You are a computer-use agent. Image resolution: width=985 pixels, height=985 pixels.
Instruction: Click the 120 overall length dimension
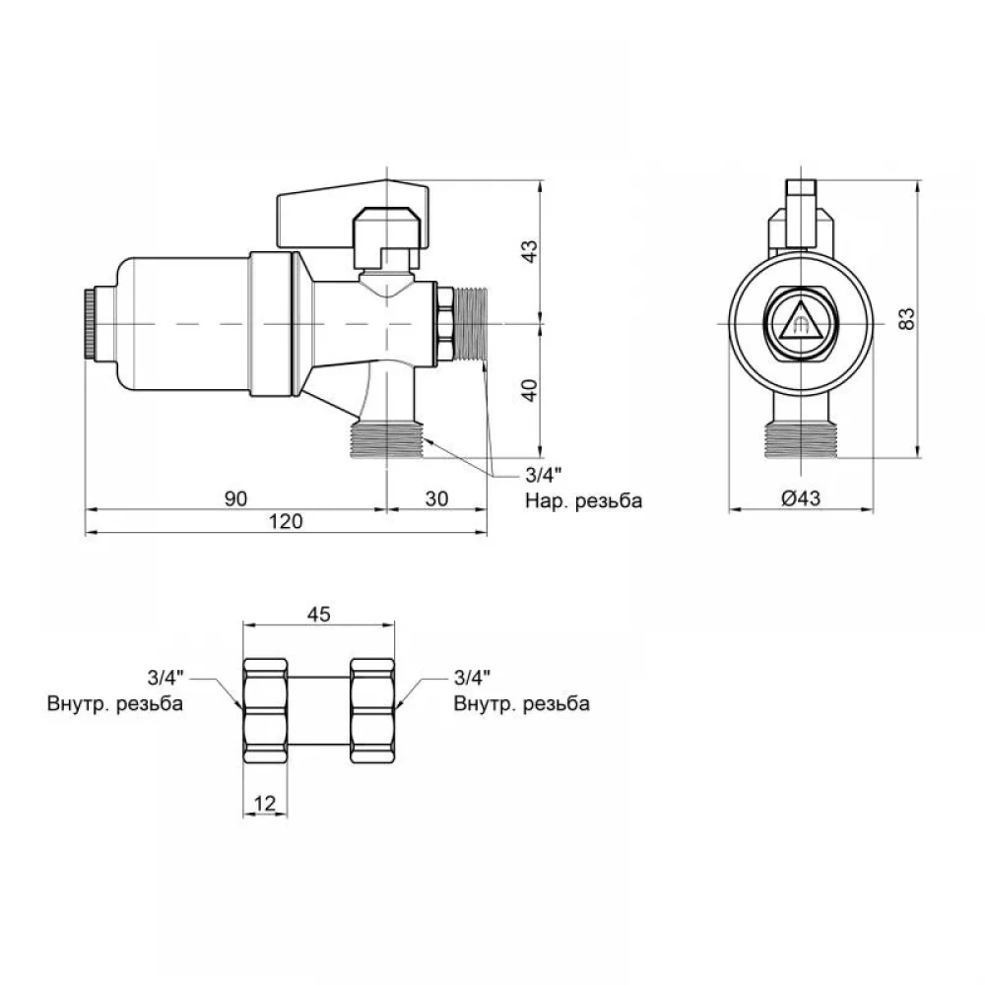286,521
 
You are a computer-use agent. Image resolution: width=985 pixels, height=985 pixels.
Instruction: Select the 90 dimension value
235,498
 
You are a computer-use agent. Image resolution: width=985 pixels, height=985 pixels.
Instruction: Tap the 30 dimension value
436,498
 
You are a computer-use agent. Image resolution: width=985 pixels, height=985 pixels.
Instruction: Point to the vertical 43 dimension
531,251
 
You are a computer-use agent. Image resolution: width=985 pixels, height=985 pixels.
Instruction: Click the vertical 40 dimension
531,391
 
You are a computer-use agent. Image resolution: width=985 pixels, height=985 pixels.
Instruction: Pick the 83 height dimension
907,318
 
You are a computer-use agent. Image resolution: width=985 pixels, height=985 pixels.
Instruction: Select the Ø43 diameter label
800,498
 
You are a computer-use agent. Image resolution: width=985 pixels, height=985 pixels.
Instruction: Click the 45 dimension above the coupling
318,615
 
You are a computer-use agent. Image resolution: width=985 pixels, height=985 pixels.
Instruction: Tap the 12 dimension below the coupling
265,803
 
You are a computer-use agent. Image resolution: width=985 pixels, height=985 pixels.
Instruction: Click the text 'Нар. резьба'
583,500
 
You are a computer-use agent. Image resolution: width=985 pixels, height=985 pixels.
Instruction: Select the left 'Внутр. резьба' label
115,703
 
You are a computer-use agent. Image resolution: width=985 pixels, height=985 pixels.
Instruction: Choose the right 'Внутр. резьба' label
521,703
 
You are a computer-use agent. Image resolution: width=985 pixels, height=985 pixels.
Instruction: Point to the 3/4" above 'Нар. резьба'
542,475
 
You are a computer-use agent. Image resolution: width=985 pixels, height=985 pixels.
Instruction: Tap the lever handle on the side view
353,214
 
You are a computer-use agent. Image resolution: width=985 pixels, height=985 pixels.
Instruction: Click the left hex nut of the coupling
265,710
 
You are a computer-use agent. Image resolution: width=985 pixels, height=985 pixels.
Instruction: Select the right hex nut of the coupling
372,710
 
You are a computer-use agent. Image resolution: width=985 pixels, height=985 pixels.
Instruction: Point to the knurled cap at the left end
90,324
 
